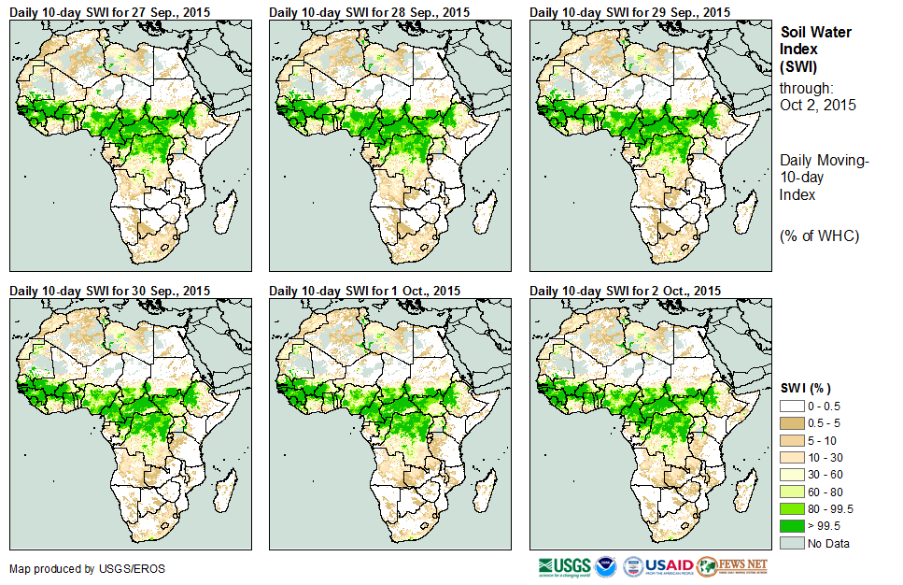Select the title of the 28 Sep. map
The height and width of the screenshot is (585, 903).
pos(368,11)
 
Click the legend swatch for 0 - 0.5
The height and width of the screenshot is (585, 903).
pos(792,406)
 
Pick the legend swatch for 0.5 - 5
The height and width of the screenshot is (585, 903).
pos(792,423)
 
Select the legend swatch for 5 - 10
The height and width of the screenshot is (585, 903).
pos(792,440)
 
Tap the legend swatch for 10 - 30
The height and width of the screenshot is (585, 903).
pos(792,457)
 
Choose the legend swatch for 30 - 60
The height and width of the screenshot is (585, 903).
pos(792,475)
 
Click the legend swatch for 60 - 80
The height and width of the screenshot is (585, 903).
pos(792,492)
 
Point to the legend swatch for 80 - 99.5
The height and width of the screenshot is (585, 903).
pos(792,508)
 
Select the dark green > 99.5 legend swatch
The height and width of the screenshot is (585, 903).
pos(792,526)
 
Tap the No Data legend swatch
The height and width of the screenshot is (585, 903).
pos(792,543)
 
